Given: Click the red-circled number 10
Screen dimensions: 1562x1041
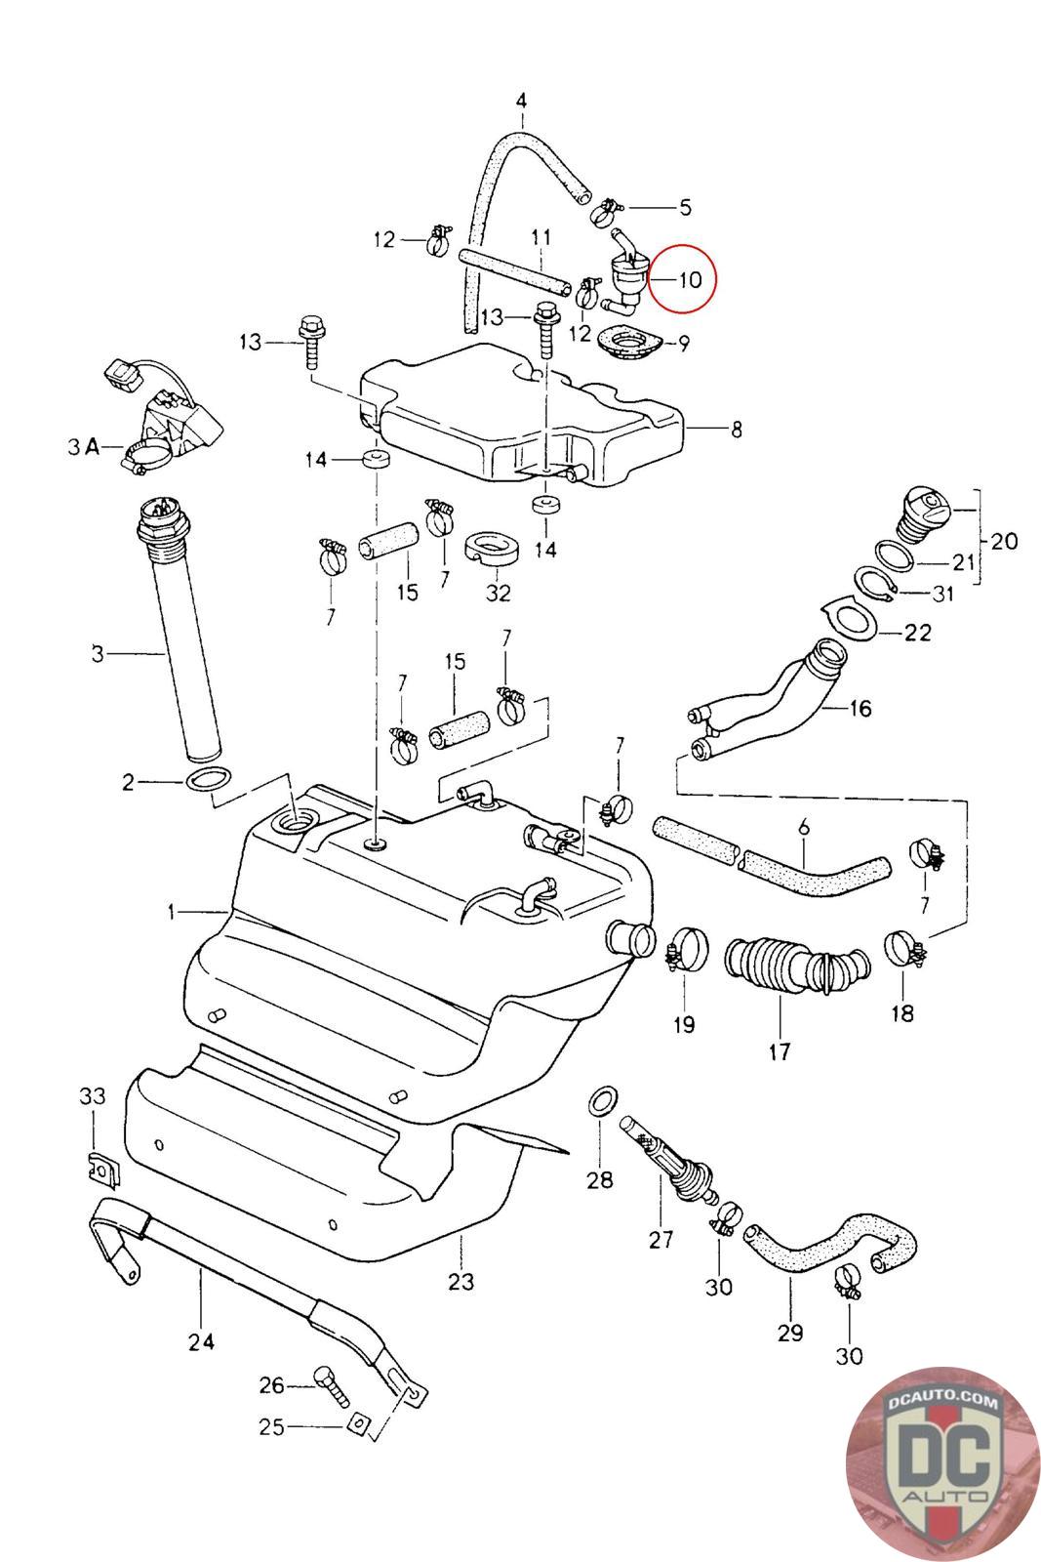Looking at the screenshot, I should point(689,279).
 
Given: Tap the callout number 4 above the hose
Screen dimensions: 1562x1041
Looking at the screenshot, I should point(521,101).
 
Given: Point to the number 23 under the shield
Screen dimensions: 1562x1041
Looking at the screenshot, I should point(460,1280).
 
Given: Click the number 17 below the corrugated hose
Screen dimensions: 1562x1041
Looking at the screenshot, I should point(780,1051).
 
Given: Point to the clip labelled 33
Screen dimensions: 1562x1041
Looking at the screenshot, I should point(98,1168).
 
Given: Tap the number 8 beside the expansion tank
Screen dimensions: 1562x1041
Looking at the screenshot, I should point(737,429).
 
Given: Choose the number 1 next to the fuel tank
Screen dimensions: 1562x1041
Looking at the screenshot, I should point(172,912).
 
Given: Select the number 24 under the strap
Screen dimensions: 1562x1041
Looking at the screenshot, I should point(201,1342).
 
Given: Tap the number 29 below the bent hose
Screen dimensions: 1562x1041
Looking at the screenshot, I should point(790,1332).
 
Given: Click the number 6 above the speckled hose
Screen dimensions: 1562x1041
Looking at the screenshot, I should point(804,828).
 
